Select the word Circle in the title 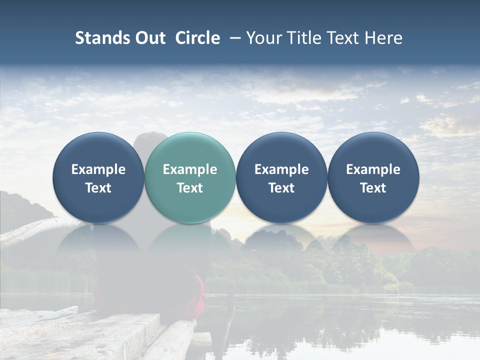tap(197, 38)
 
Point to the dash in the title tap(234, 38)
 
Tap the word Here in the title tap(383, 38)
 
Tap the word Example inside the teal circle tap(190, 169)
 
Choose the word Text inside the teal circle tap(190, 188)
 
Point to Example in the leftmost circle tap(98, 169)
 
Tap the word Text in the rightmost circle tap(373, 188)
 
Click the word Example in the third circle tap(281, 169)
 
